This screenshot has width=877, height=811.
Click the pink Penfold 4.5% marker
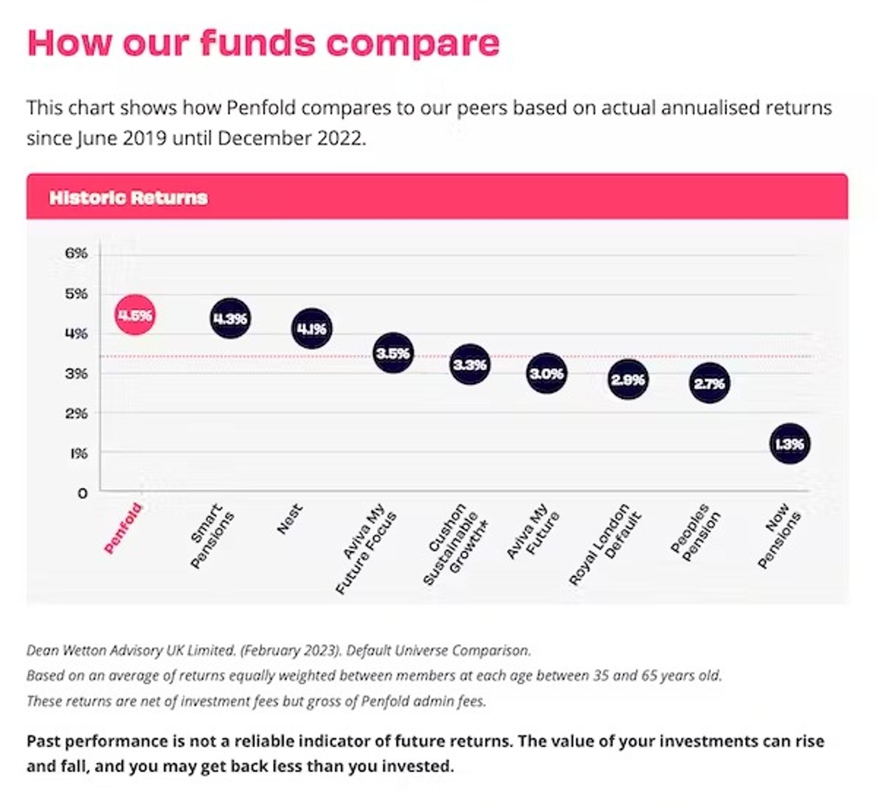click(135, 315)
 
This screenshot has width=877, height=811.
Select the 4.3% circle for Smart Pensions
click(230, 318)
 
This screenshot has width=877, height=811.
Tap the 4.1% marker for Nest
click(312, 328)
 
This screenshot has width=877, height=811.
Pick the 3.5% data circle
click(393, 353)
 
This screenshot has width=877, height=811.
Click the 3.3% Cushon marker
click(470, 364)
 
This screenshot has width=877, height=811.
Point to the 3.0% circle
click(546, 374)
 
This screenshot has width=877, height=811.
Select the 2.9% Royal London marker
click(628, 379)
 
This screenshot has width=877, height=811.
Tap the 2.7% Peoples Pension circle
click(709, 383)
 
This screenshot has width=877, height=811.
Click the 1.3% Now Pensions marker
click(790, 444)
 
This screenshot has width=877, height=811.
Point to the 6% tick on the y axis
click(76, 253)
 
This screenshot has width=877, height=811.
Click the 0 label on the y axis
click(82, 494)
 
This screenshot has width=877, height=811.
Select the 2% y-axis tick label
click(76, 414)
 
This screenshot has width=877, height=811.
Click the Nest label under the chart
click(290, 519)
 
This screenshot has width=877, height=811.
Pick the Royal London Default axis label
click(605, 544)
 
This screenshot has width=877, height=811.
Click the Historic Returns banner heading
click(128, 198)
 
